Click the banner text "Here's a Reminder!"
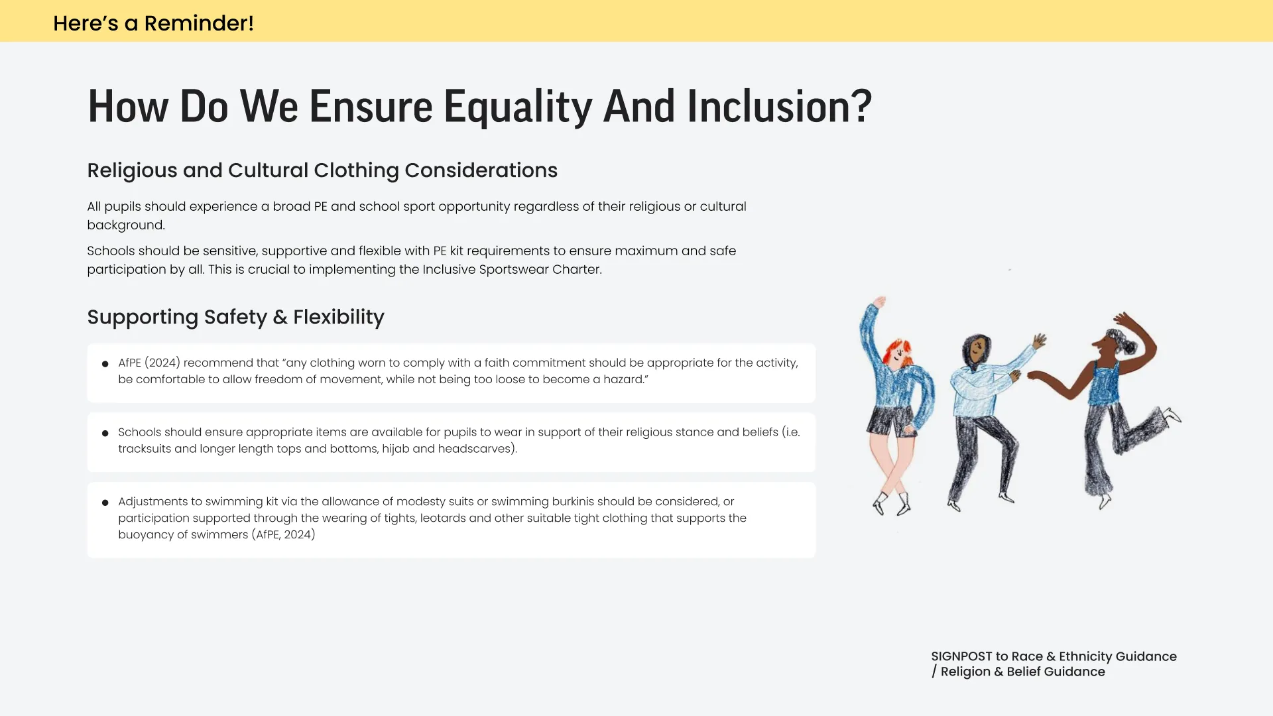pos(153,23)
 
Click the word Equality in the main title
pos(517,107)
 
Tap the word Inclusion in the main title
pos(779,107)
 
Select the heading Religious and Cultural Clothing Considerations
pos(322,170)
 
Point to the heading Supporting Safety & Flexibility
pos(235,317)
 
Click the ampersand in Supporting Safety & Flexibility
pos(280,317)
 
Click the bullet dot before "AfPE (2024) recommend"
pos(105,364)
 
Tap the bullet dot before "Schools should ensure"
pos(105,434)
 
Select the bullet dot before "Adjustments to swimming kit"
pos(105,503)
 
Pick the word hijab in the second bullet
pos(395,449)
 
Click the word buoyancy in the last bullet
pos(146,535)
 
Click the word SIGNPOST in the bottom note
pos(961,656)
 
